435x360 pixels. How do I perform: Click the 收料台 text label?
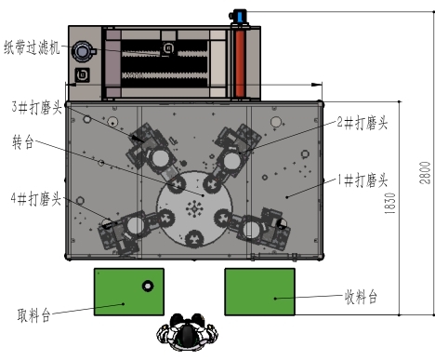coord(362,297)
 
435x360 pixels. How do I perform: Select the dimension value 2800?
coord(425,172)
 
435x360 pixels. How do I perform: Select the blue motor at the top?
coord(238,16)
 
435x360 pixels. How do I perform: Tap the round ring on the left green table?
coord(146,285)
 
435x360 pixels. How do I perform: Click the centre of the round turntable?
coord(194,207)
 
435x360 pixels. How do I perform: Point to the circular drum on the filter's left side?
coord(84,50)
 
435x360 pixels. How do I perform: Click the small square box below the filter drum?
coord(85,73)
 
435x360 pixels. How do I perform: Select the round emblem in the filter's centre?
coord(169,47)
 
